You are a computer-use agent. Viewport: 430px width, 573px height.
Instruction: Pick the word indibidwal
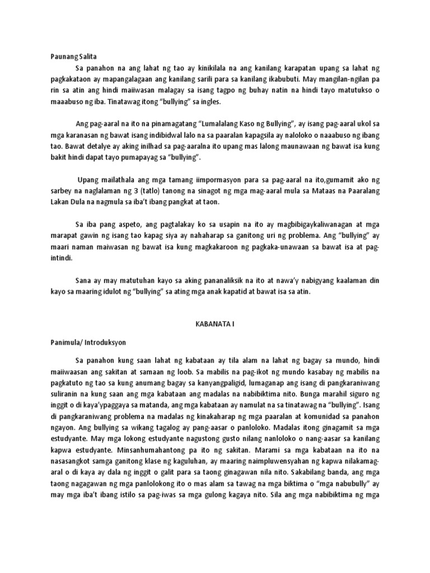[170, 134]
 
